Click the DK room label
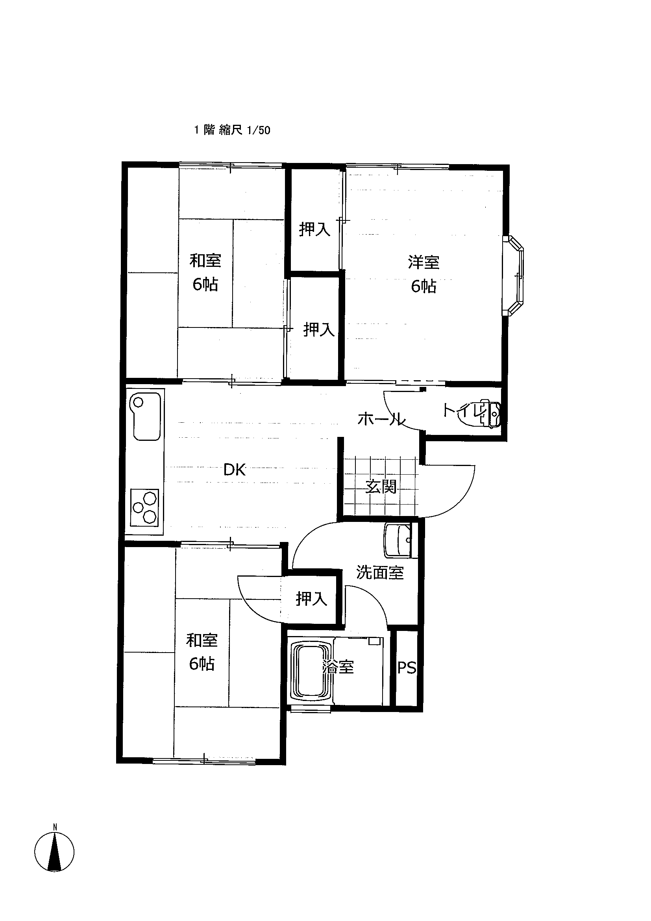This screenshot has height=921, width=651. pyautogui.click(x=235, y=470)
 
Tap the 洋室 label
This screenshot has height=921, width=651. pyautogui.click(x=424, y=263)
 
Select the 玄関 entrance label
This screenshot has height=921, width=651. pyautogui.click(x=381, y=486)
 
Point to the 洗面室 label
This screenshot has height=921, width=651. pyautogui.click(x=380, y=573)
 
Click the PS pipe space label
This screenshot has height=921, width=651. pyautogui.click(x=407, y=668)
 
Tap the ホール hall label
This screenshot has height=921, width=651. pyautogui.click(x=381, y=420)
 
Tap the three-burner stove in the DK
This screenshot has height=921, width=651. pyautogui.click(x=145, y=507)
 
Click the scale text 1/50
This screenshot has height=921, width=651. pyautogui.click(x=259, y=130)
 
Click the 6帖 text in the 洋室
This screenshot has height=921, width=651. pyautogui.click(x=424, y=287)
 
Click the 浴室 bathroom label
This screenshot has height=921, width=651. pyautogui.click(x=338, y=667)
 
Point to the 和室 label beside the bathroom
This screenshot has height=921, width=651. pyautogui.click(x=202, y=641)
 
